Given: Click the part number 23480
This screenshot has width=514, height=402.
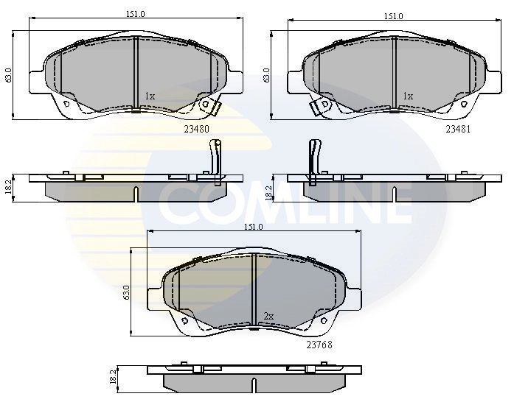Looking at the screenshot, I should (x=197, y=128).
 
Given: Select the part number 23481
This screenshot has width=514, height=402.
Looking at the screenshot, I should (x=457, y=128).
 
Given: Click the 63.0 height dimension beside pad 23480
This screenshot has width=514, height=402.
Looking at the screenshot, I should (x=9, y=74).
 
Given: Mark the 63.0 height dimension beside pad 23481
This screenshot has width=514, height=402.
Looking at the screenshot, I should (x=266, y=74).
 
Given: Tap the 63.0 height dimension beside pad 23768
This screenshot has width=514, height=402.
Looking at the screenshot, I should (x=127, y=292).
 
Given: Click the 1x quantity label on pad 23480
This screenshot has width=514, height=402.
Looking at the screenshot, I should (x=150, y=96).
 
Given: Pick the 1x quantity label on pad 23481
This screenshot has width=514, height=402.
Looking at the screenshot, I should (x=408, y=96).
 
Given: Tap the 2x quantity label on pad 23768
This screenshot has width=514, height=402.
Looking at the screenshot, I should (x=268, y=317).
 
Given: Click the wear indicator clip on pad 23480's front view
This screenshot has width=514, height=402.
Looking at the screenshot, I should (x=212, y=107).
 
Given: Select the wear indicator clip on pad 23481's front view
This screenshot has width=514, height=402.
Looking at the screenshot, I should (x=320, y=107).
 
